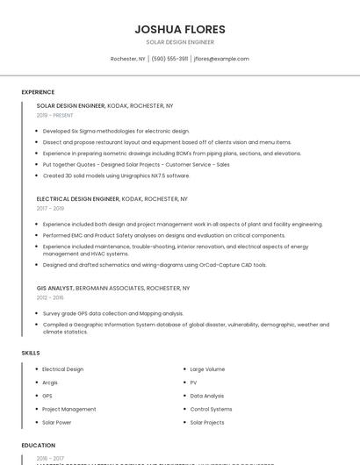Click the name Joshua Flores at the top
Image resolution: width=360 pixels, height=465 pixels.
click(179, 29)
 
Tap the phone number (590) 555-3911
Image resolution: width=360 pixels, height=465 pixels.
click(169, 59)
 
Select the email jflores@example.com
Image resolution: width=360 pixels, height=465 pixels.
click(221, 59)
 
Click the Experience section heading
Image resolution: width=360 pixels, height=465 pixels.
click(38, 92)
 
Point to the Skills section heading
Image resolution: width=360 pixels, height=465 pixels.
click(31, 353)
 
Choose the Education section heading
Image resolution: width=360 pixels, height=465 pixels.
click(39, 446)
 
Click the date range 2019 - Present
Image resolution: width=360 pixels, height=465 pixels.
click(55, 115)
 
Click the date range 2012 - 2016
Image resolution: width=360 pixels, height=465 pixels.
click(50, 297)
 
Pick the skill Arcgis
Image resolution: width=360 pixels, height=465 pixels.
click(50, 383)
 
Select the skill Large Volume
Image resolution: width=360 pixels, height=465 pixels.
click(207, 369)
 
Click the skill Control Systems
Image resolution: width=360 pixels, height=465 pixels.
click(211, 409)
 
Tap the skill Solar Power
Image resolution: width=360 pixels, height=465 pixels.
click(58, 422)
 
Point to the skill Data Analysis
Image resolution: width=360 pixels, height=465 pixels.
click(207, 396)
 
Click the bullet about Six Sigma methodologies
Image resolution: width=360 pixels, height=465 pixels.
click(116, 131)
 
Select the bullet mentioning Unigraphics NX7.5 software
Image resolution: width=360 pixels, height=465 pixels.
click(116, 175)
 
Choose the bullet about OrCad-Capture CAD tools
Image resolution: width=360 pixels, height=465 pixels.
click(155, 264)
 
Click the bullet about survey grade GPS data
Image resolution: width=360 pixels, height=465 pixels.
click(112, 313)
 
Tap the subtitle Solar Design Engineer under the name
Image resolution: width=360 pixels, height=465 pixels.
click(179, 42)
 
